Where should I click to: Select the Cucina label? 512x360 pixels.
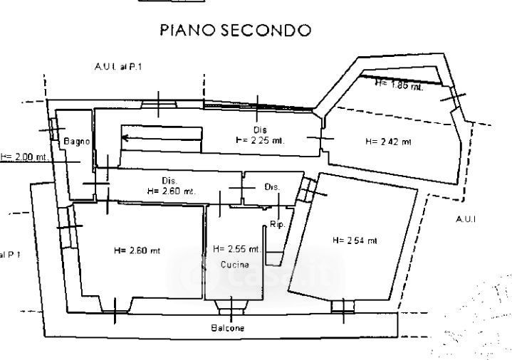click(x=234, y=265)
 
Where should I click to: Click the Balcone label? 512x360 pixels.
click(x=227, y=328)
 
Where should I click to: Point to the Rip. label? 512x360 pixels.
click(x=277, y=225)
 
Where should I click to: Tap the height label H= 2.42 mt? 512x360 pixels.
click(x=388, y=142)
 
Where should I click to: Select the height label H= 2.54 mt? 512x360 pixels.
click(x=355, y=240)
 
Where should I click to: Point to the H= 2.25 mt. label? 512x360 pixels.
click(x=260, y=140)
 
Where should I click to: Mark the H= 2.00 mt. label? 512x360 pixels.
click(x=23, y=157)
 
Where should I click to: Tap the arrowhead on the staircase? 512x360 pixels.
click(x=125, y=138)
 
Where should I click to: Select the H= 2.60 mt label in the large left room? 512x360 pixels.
click(x=137, y=250)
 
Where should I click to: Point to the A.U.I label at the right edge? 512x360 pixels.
click(x=466, y=220)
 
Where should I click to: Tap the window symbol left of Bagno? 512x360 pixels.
click(x=53, y=129)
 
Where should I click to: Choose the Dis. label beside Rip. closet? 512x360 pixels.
click(x=272, y=187)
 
